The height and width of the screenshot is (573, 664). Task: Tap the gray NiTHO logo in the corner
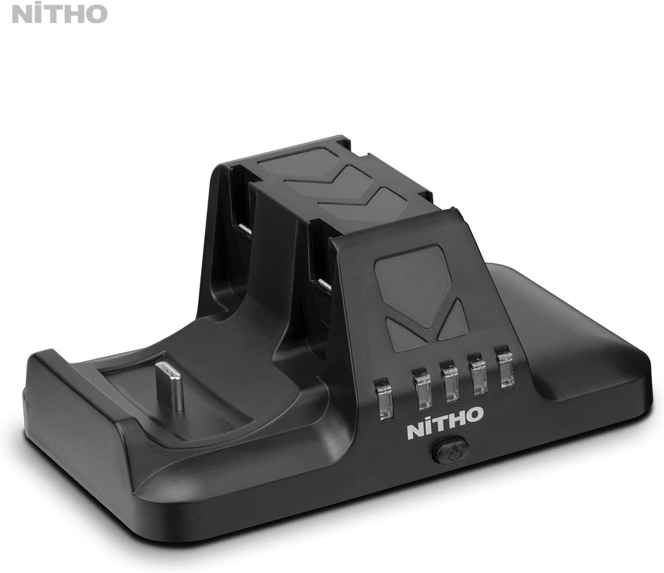[60, 13]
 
